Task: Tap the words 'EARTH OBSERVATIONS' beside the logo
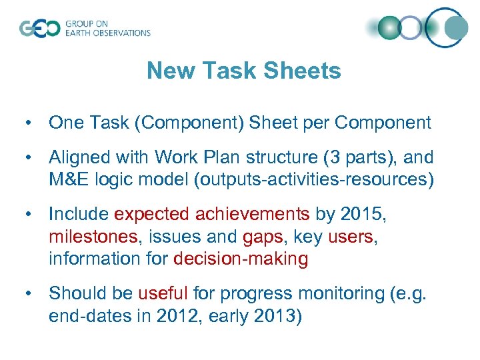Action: tap(107, 33)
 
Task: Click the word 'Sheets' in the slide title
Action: tap(303, 71)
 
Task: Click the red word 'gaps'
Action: tap(263, 237)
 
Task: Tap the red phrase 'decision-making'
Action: tap(241, 259)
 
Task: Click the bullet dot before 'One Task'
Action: tap(25, 123)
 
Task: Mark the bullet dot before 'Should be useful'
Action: tap(25, 294)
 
